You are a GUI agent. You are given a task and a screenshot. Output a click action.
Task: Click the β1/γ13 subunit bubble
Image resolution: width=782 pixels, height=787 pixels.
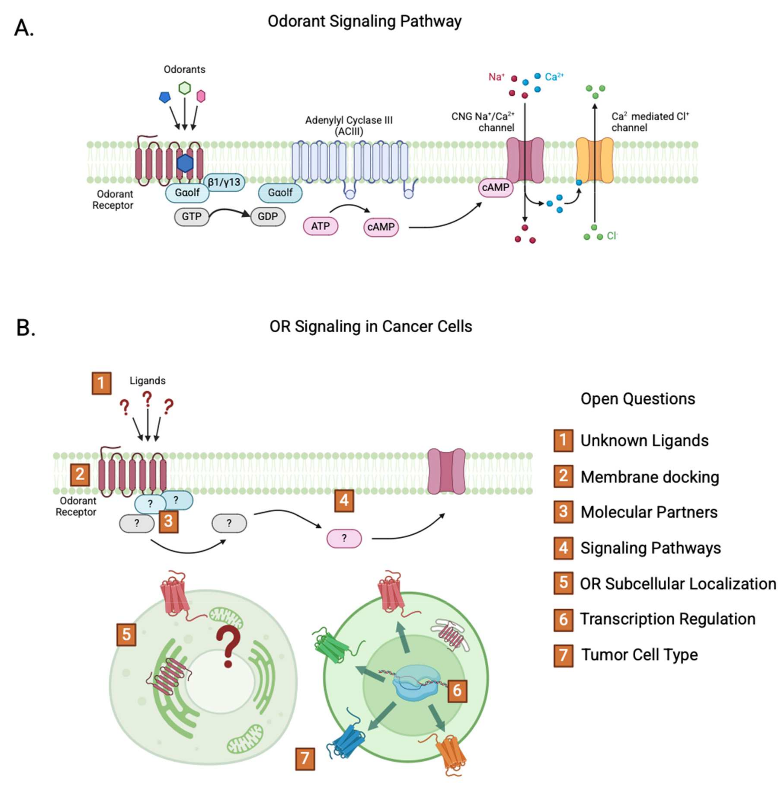tap(224, 182)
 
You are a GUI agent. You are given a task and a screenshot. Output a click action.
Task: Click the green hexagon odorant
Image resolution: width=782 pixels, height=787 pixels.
tap(185, 88)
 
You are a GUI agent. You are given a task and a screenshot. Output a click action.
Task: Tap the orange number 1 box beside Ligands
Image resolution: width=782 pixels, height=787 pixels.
tap(101, 383)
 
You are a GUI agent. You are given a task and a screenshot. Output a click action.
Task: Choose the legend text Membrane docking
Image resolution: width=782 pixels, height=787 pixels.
tap(650, 477)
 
